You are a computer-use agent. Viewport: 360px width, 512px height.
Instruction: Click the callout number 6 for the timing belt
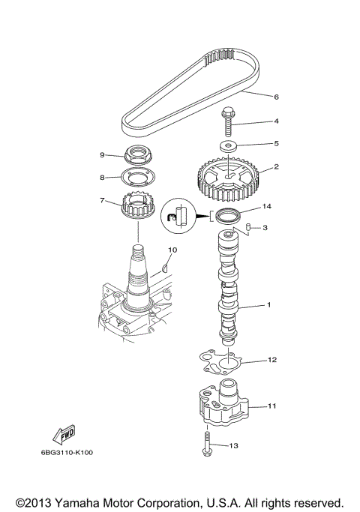click(x=255, y=97)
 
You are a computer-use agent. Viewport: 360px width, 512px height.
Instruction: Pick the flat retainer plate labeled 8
click(x=137, y=178)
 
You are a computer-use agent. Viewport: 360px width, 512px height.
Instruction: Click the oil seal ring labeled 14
click(x=226, y=217)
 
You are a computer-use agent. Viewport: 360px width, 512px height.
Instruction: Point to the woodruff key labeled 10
click(x=166, y=263)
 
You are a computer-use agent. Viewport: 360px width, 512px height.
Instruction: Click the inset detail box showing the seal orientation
click(x=178, y=215)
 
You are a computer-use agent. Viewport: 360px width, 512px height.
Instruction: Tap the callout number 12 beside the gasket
click(x=272, y=360)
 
